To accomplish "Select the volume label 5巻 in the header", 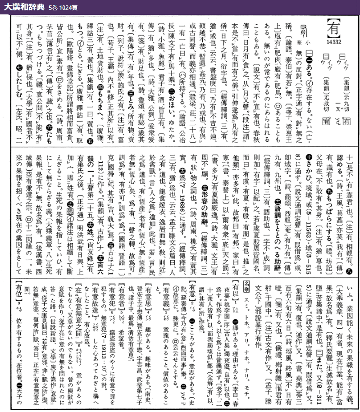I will click(x=51, y=7).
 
